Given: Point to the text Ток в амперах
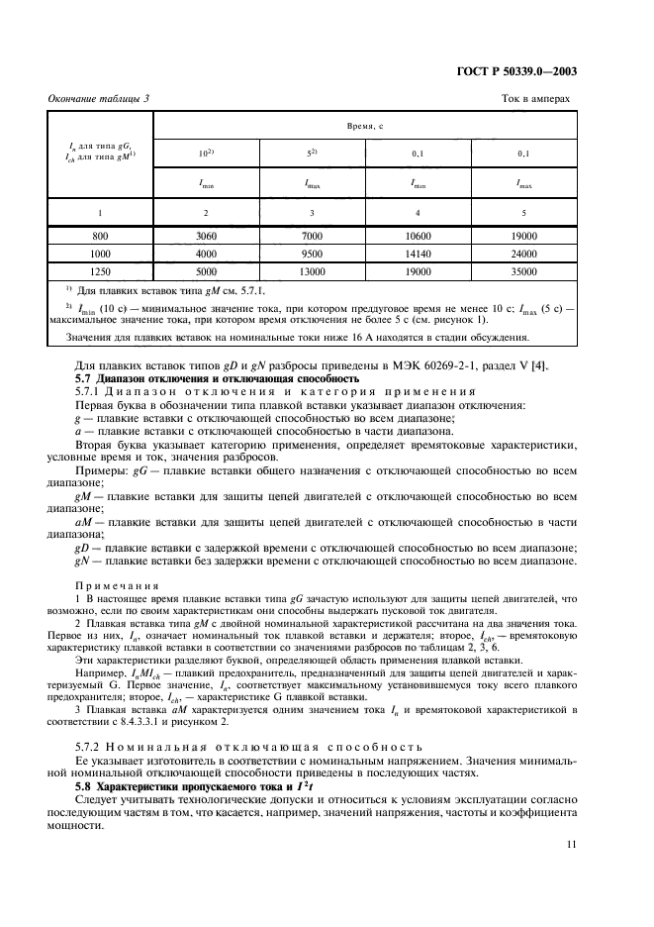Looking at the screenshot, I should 535,98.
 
